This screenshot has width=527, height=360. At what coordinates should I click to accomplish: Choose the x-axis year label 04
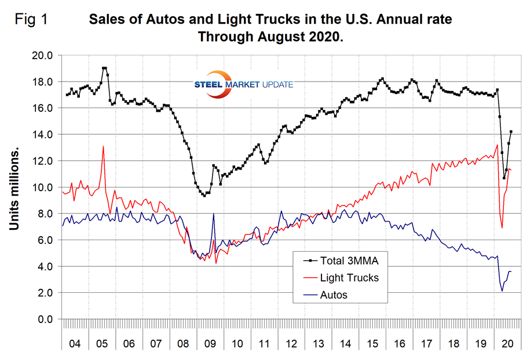coord(75,343)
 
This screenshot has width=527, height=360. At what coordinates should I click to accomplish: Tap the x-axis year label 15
coord(371,343)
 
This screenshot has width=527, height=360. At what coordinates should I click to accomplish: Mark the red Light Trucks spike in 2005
coord(103,146)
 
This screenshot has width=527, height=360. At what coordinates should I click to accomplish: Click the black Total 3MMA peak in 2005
coord(104,68)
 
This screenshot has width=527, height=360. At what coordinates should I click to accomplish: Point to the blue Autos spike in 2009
coord(214,214)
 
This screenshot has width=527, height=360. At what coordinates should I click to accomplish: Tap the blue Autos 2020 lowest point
coord(502,291)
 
